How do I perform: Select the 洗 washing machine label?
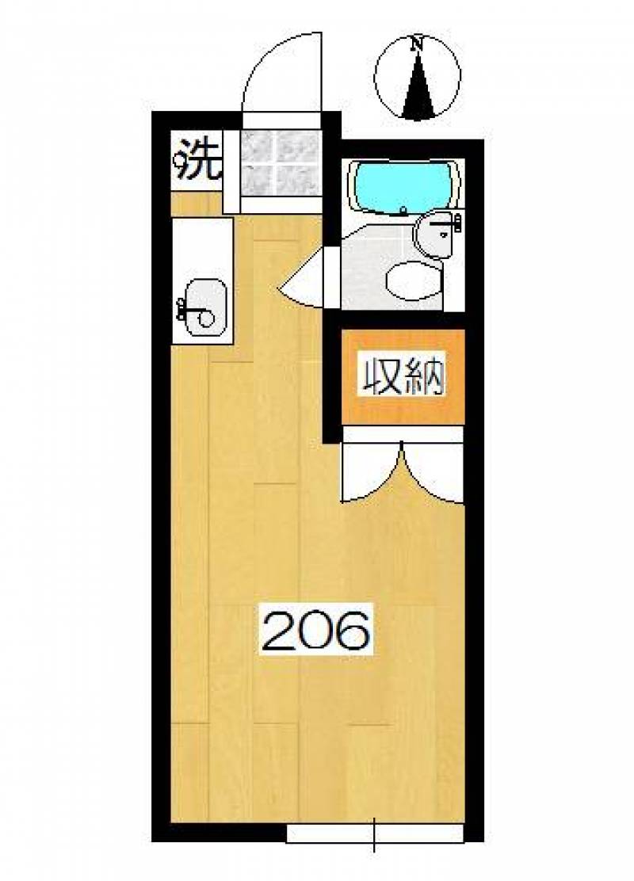click(x=197, y=158)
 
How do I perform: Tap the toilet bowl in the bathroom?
click(x=413, y=281)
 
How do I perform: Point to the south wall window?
click(x=375, y=833)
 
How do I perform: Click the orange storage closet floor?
click(x=403, y=376)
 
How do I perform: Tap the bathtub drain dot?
click(x=403, y=212)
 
